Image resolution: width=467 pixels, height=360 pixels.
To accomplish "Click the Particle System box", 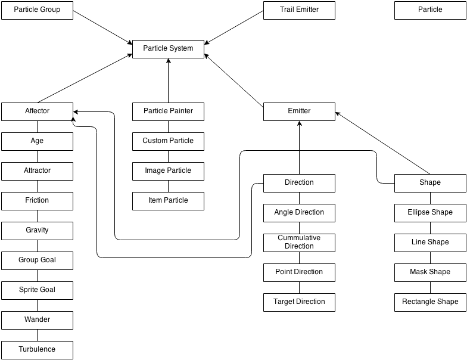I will coord(168,48).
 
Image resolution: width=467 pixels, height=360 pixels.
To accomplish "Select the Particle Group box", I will coord(37,10).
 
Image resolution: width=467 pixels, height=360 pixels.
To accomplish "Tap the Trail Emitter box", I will coord(299,10).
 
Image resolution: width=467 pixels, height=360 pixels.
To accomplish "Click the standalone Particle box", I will coord(430,10).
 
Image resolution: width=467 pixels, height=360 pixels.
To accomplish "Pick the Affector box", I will coord(37,111).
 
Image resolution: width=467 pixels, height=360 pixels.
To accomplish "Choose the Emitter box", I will coord(299,111).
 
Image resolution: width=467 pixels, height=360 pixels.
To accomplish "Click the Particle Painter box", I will coord(168,111).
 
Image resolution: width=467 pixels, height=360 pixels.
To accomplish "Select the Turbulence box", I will coord(37,349).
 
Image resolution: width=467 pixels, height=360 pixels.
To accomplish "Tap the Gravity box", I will coord(37,230).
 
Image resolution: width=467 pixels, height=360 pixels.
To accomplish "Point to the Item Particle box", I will coord(168,200).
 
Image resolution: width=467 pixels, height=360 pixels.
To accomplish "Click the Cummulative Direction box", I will coord(299,242).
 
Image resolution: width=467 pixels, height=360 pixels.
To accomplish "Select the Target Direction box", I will coord(299,302).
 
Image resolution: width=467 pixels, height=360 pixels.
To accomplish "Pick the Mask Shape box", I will coord(430,272).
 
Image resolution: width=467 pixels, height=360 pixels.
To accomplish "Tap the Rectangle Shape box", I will coord(430,302).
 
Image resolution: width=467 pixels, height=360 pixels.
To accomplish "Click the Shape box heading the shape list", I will coord(430,182).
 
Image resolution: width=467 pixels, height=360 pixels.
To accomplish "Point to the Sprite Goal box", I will coord(37,290).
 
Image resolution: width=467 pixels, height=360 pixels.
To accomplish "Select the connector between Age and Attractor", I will coord(37,156).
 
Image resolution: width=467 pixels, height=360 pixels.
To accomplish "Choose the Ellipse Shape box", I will coord(430,212).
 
